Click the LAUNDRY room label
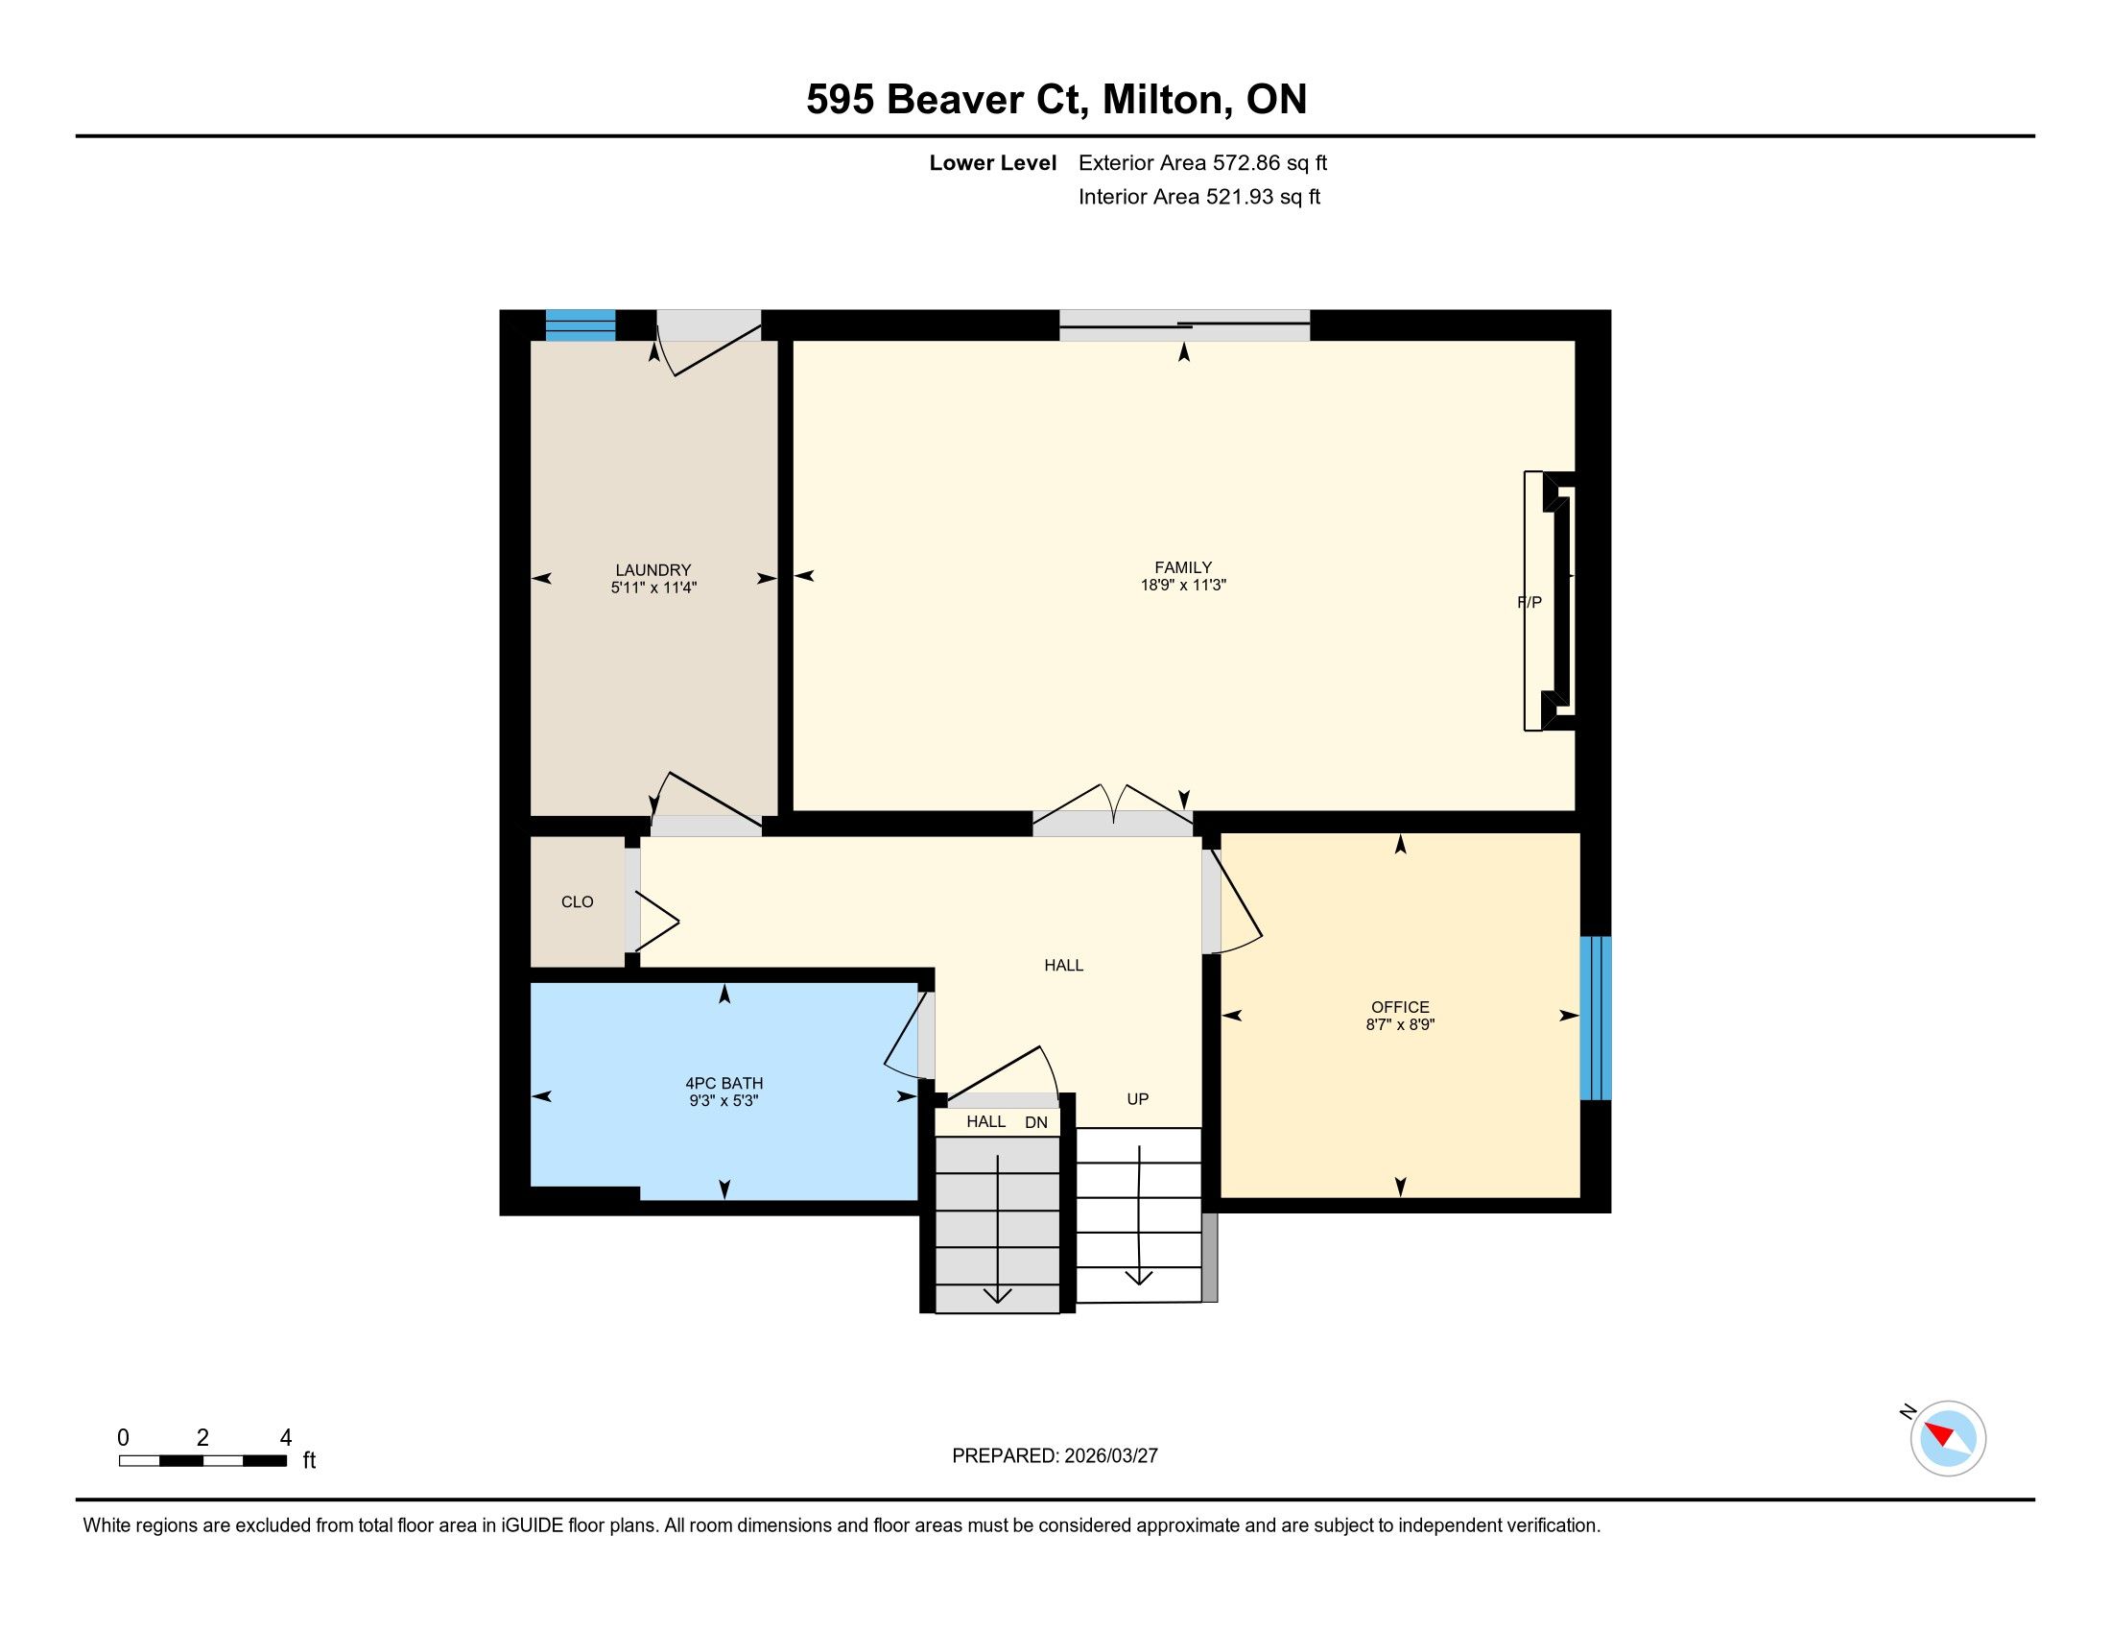[653, 570]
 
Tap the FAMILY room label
[1183, 567]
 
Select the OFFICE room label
[1400, 1007]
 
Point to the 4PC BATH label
[723, 1084]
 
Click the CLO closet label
[577, 902]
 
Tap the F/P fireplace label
[1530, 602]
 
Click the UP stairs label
[1138, 1099]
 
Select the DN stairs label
[1036, 1122]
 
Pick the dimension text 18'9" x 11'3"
[1183, 585]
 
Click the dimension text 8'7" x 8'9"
[1400, 1025]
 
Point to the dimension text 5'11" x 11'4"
[653, 588]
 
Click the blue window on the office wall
[1595, 1017]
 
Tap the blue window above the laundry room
[580, 324]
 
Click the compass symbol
[1947, 1438]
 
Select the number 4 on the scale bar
[285, 1438]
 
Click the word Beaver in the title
[955, 100]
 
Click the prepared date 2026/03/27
[1110, 1456]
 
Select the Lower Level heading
[993, 162]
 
